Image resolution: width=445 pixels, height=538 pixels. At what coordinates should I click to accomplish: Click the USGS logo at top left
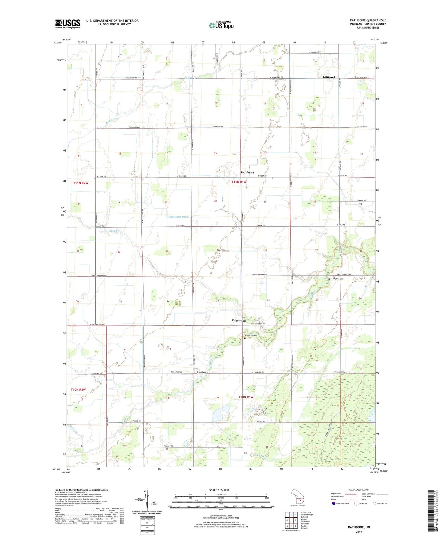(x=68, y=24)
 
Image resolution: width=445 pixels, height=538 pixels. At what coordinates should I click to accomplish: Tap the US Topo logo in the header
(x=221, y=25)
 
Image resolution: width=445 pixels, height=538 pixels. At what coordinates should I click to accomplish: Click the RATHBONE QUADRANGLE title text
(x=368, y=20)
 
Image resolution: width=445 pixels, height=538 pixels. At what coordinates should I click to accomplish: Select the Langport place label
(x=329, y=77)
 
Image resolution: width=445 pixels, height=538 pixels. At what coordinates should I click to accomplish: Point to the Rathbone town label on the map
(x=247, y=173)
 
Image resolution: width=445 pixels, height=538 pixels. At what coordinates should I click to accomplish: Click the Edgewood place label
(x=239, y=321)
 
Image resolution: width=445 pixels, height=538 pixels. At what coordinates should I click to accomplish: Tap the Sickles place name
(x=201, y=373)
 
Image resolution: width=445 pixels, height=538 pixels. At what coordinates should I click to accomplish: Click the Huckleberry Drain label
(x=178, y=217)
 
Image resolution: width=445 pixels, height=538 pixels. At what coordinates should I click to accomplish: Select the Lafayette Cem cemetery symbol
(x=329, y=279)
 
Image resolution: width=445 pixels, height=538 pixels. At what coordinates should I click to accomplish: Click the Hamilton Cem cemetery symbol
(x=245, y=338)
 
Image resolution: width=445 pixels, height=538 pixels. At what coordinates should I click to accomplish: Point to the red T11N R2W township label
(x=81, y=183)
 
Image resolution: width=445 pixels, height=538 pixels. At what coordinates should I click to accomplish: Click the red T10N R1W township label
(x=245, y=397)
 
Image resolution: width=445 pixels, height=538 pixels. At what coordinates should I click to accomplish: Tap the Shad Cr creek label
(x=114, y=231)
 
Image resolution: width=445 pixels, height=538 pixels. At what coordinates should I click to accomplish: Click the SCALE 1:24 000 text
(x=219, y=490)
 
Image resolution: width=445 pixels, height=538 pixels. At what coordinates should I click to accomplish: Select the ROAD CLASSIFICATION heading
(x=359, y=490)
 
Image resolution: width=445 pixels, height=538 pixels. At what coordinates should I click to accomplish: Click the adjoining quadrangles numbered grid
(x=291, y=521)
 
